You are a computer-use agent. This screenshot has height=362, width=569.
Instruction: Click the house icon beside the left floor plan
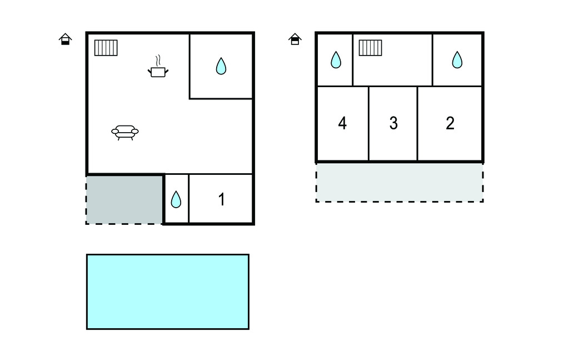point(66,39)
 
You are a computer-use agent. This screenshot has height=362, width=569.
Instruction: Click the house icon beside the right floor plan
point(295,39)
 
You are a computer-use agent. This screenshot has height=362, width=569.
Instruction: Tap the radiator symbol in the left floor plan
point(106,48)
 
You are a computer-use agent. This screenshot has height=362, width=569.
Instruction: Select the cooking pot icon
point(158,71)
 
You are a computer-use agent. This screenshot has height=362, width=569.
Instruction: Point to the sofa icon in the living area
point(125,132)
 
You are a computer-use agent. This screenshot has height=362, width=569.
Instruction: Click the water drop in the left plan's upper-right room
point(221,66)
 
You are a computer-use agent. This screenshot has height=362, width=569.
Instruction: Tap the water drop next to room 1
point(176,199)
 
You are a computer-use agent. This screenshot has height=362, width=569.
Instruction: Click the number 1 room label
point(222,199)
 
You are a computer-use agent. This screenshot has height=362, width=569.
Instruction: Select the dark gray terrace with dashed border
point(124,199)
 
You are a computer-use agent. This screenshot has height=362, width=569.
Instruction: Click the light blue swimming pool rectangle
point(167,291)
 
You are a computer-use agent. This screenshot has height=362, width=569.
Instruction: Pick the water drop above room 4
point(336,59)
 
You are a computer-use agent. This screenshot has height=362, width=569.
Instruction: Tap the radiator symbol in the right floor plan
point(370,48)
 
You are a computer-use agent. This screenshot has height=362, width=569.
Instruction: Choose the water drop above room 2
point(457,59)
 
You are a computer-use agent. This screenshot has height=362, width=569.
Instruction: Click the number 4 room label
point(342,123)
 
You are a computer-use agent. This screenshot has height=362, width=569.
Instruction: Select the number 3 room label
point(393,123)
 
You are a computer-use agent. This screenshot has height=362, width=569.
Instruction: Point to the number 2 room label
point(450,123)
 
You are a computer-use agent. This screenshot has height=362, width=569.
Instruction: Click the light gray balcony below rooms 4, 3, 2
point(399,182)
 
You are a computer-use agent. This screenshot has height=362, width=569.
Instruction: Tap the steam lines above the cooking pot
point(158,60)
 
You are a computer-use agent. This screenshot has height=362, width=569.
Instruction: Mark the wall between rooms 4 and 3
point(368,123)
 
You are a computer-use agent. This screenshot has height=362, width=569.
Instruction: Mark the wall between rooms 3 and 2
point(417,123)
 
